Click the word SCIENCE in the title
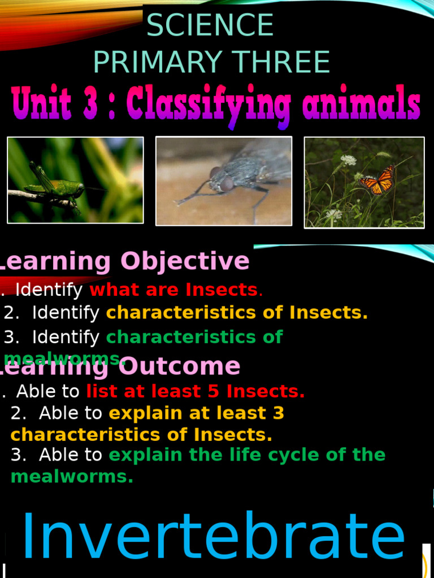point(210,25)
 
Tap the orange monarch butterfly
point(377,180)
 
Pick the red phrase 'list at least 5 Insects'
point(195,391)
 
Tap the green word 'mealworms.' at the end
point(72,476)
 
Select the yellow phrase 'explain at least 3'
point(196,413)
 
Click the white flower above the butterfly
point(349,160)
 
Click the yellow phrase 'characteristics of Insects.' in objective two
point(237,312)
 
